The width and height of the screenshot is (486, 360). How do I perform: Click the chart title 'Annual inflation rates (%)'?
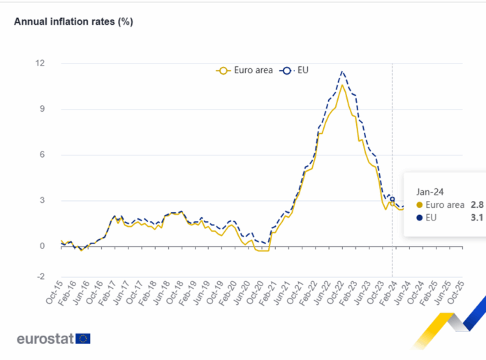click(73, 22)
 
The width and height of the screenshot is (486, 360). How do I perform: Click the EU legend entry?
click(295, 70)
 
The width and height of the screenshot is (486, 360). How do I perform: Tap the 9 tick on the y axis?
click(42, 109)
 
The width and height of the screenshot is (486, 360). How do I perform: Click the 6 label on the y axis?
click(42, 155)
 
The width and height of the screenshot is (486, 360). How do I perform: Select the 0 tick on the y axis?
click(42, 246)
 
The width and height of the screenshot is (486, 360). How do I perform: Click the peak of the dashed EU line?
click(341, 71)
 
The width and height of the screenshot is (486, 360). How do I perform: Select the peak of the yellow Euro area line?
click(341, 85)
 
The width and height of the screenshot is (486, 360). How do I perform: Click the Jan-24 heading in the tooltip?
click(429, 190)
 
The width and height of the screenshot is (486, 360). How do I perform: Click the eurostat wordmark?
click(45, 339)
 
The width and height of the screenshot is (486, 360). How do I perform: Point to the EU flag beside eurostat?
click(83, 339)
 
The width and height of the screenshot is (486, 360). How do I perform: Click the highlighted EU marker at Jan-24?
click(392, 199)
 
